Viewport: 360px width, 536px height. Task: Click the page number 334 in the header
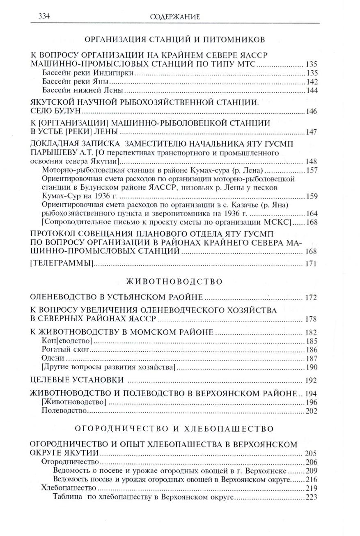coord(44,16)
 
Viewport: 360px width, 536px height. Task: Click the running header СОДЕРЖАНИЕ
coord(175,17)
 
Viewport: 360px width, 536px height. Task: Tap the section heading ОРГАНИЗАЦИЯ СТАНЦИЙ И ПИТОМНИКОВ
coord(174,40)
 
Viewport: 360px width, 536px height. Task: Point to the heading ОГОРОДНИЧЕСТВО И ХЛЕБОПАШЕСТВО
coord(174,429)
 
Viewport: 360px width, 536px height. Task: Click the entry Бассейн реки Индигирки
coord(88,73)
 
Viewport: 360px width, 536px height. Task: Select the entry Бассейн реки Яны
coord(75,82)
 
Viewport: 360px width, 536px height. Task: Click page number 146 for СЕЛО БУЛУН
coord(311,111)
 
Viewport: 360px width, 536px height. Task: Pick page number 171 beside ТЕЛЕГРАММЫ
coord(311,264)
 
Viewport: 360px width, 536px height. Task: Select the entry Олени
coord(53,358)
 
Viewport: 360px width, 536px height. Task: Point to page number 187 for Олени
coord(312,359)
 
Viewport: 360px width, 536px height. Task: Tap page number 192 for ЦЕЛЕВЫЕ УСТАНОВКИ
coord(311,380)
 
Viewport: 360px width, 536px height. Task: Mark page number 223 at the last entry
coord(312,497)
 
